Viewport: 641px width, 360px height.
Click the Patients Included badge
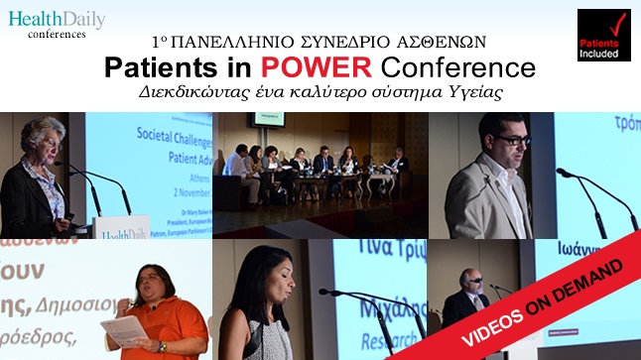click(603, 35)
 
